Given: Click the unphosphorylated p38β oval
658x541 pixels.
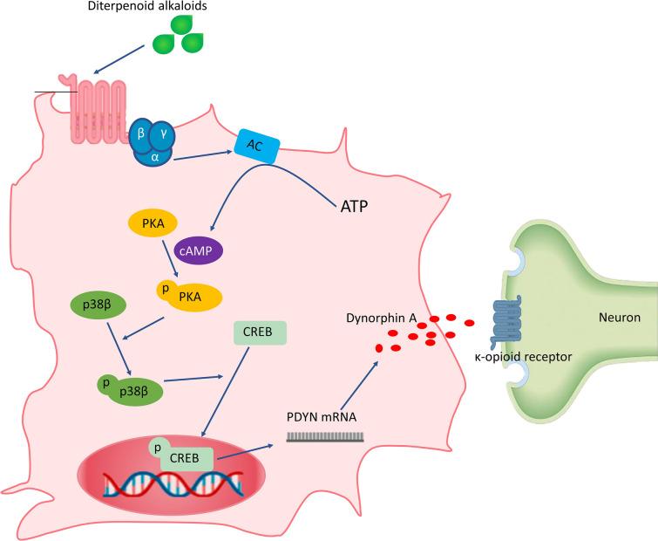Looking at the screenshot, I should tap(98, 307).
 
